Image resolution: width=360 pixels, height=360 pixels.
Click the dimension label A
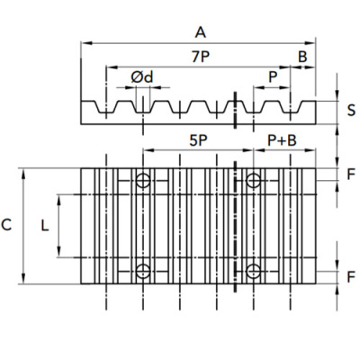(x=201, y=32)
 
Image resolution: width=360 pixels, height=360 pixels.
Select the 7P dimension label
(x=201, y=57)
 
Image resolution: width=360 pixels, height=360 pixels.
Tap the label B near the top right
(x=302, y=57)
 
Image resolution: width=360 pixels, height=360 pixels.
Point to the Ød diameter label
(x=142, y=77)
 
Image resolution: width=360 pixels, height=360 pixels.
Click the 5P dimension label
(x=199, y=140)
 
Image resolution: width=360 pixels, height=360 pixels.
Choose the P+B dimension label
(x=282, y=140)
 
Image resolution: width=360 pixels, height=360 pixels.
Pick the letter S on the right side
(x=351, y=110)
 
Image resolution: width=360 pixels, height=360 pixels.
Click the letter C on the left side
(x=6, y=225)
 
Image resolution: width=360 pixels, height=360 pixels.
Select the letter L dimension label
(x=45, y=226)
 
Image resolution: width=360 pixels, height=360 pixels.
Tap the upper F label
(x=351, y=175)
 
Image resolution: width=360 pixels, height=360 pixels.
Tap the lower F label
(x=351, y=277)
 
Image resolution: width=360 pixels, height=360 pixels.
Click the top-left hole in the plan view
(x=143, y=181)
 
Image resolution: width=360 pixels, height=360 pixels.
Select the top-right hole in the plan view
(x=254, y=181)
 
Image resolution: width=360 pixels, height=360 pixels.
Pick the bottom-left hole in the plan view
(x=143, y=271)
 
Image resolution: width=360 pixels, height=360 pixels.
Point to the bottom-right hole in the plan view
(x=254, y=271)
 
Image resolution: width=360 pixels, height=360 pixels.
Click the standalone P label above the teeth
(x=273, y=77)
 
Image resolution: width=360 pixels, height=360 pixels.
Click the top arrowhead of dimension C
(x=24, y=174)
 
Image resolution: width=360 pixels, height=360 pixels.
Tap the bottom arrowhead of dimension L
(x=58, y=252)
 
